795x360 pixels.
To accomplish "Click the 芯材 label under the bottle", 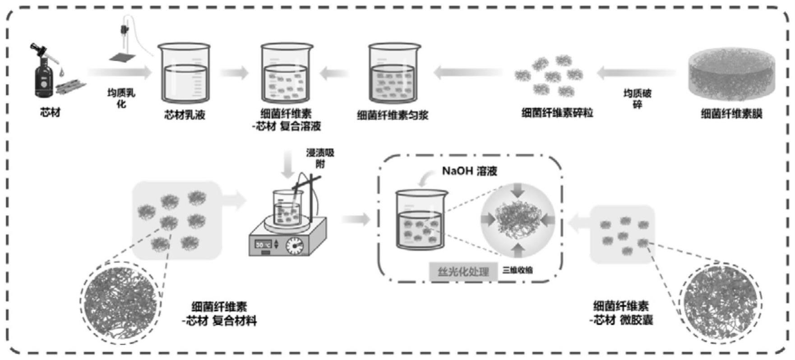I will point(50,112).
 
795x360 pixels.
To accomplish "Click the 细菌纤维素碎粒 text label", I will point(557,113).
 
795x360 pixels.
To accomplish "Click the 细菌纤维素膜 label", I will point(731,114).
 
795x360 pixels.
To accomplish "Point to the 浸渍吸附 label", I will point(320,158).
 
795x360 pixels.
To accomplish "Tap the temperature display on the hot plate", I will point(263,244).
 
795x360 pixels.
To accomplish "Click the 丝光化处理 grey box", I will point(463,272).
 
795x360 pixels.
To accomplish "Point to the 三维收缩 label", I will point(518,270).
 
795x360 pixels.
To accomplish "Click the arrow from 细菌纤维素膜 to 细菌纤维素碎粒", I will point(636,72).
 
